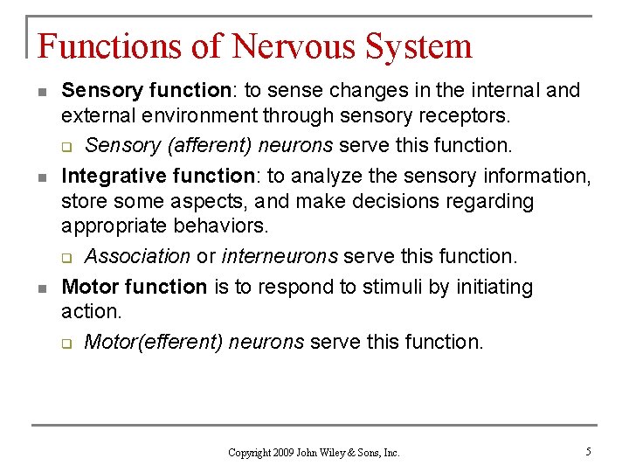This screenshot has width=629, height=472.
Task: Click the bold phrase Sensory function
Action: click(146, 91)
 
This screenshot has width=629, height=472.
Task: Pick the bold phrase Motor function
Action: click(134, 287)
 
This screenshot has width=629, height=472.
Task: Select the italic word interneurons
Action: click(280, 256)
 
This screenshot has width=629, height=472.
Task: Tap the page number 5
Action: click(589, 452)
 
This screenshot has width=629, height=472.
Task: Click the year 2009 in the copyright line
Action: click(285, 453)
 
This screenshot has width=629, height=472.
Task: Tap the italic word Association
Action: click(137, 256)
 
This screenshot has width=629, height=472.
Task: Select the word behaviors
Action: click(220, 226)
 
